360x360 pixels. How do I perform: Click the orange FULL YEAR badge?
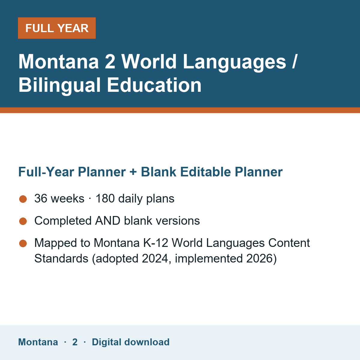pos(57,28)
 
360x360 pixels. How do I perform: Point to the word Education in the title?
pos(154,85)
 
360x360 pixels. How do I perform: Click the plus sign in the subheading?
pos(133,172)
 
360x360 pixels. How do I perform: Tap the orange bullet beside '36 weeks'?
pos(23,199)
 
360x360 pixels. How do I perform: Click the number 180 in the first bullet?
pos(105,198)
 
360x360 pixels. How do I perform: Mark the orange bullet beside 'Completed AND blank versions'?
pos(23,221)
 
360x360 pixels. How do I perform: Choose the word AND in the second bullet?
pos(108,221)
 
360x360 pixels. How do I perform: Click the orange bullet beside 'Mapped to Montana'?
pos(23,244)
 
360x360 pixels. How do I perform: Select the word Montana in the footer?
pos(38,342)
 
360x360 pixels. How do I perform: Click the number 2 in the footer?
pos(75,342)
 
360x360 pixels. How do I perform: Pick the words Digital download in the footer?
pos(131,342)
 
